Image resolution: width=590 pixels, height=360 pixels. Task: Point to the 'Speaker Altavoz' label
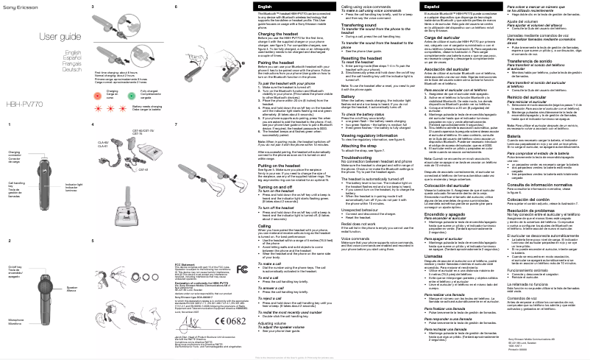coord(71,289)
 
